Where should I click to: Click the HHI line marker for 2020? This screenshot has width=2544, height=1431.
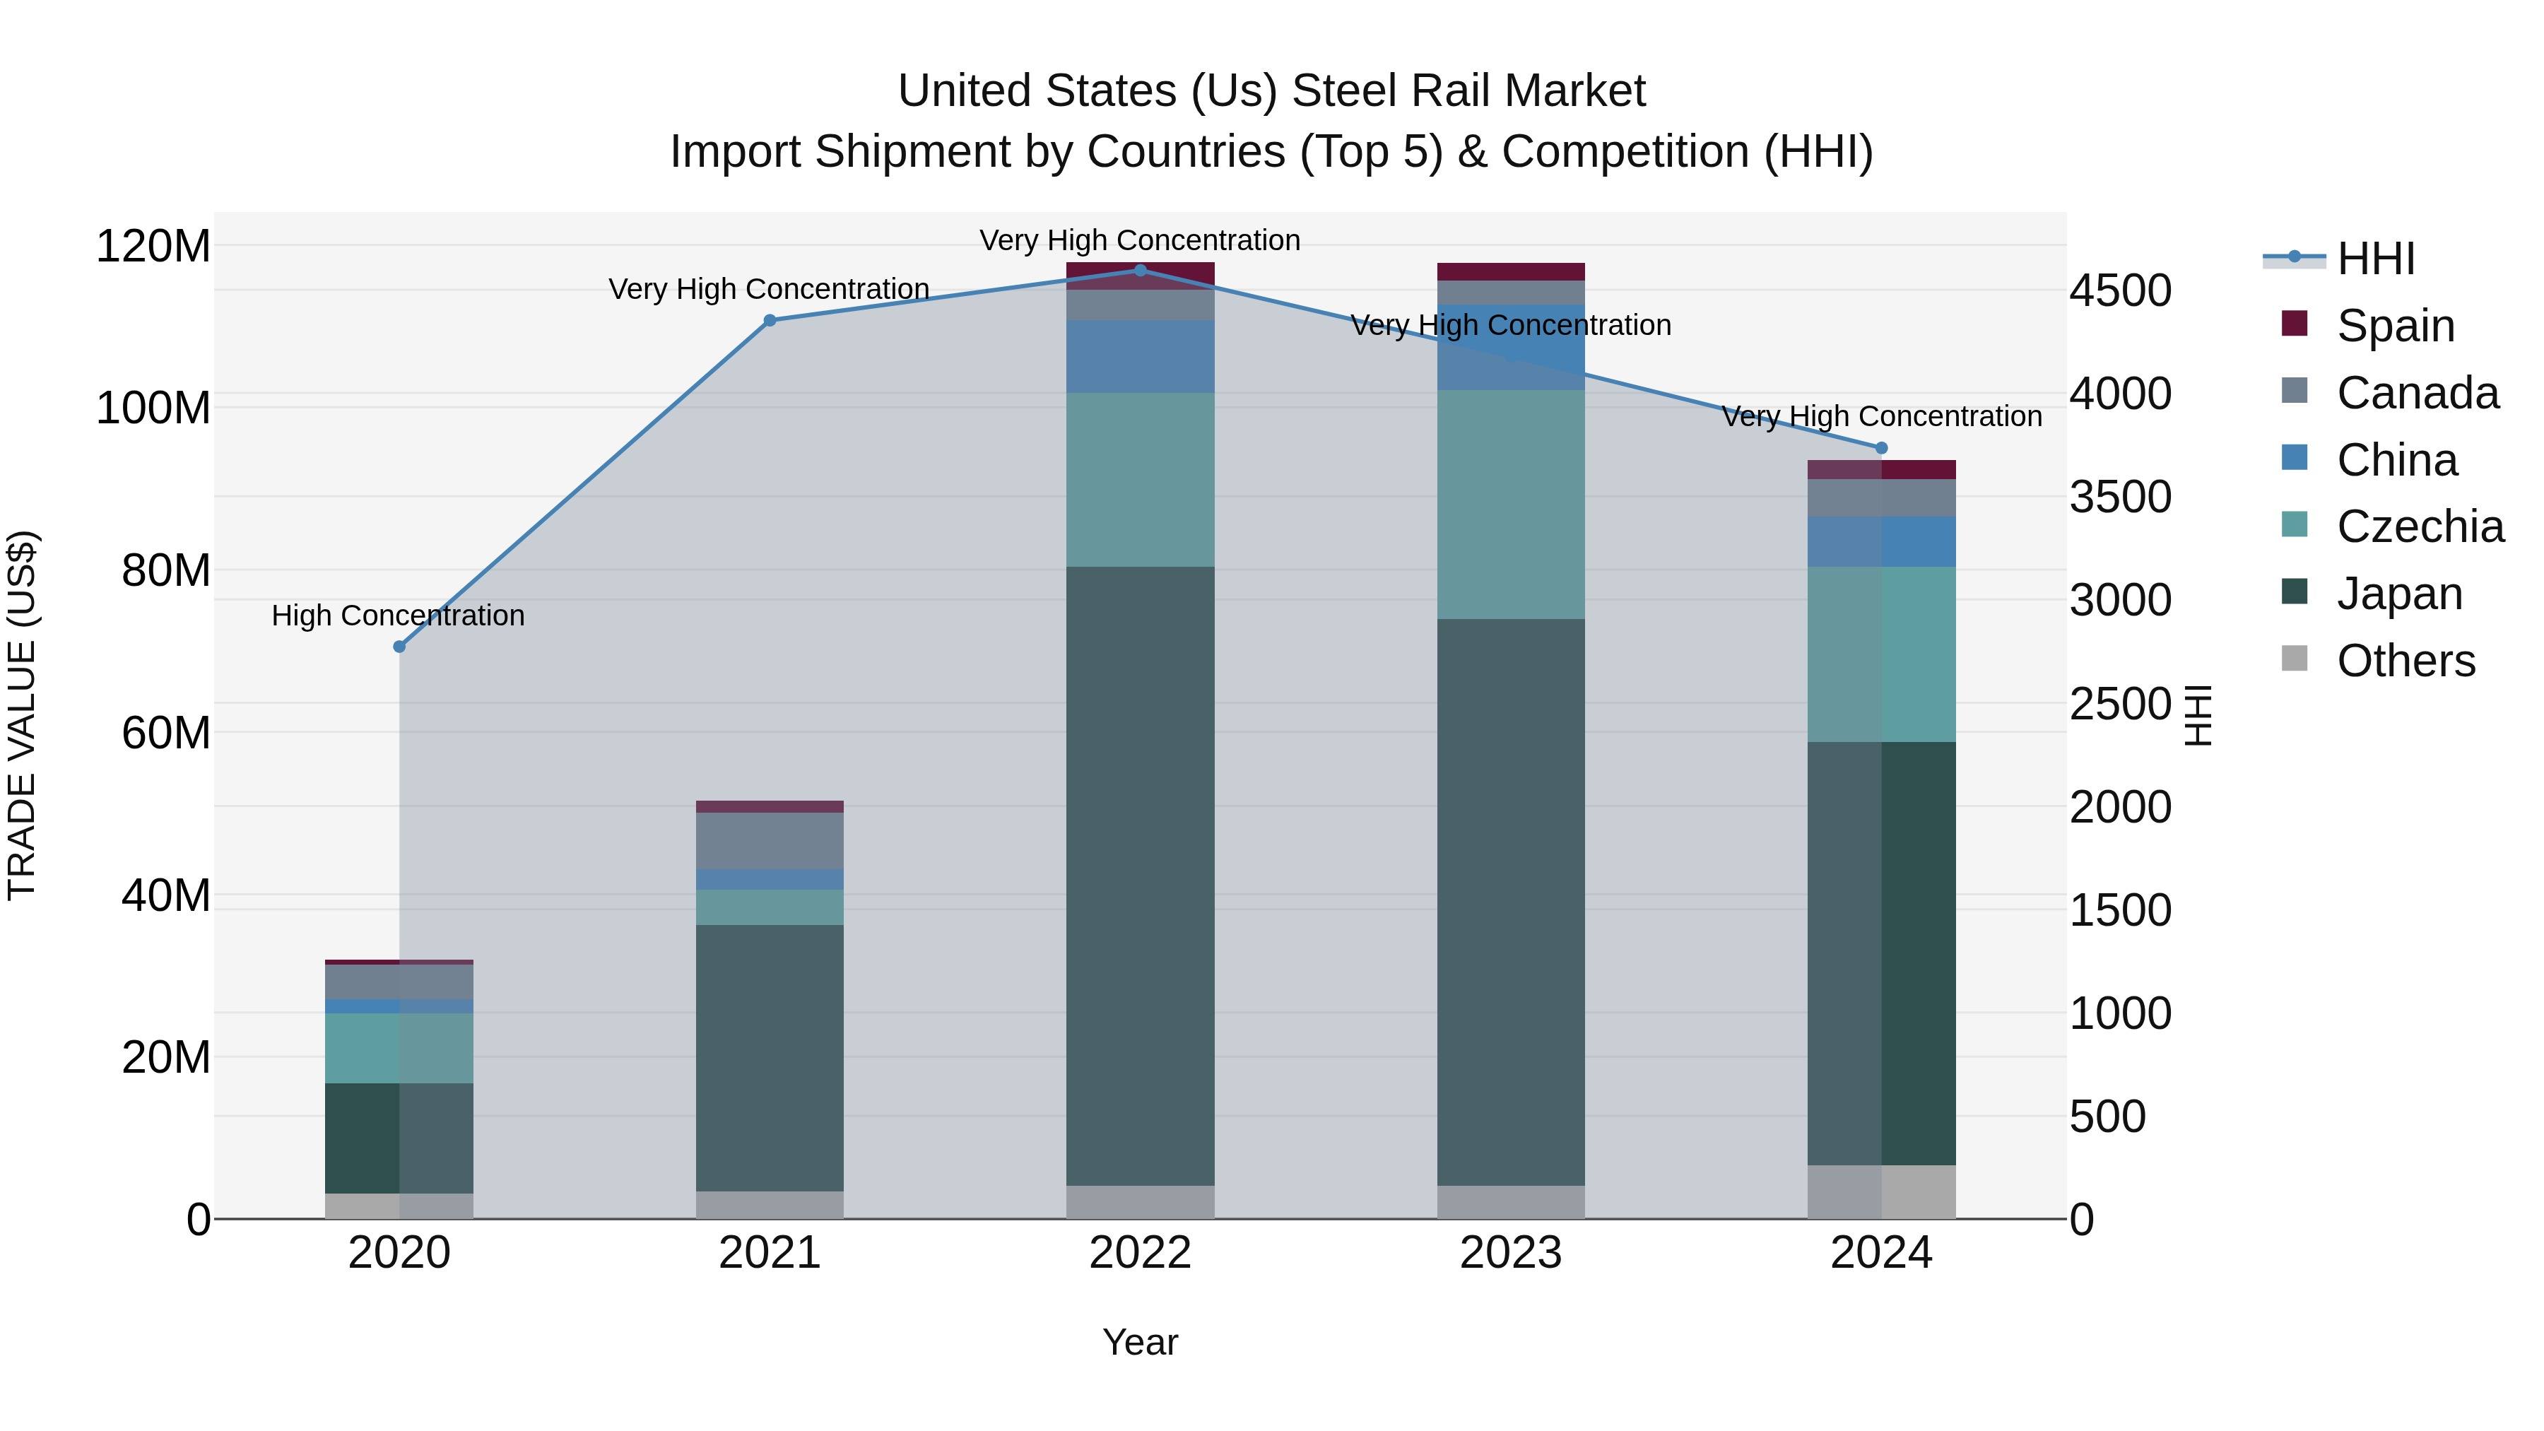[399, 647]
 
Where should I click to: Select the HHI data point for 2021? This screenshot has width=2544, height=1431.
[770, 320]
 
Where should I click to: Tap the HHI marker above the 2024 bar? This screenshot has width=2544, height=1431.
[1881, 448]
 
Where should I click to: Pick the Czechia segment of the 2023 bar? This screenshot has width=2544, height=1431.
[1511, 504]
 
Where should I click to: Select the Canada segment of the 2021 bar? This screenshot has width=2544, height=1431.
[770, 840]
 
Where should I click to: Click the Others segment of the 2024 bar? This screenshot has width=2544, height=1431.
[1881, 1192]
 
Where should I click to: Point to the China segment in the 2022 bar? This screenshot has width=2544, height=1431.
[1141, 357]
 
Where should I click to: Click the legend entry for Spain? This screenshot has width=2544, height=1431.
[2395, 326]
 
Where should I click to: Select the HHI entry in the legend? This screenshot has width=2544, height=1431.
[2375, 259]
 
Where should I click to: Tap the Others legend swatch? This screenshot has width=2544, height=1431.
[2294, 659]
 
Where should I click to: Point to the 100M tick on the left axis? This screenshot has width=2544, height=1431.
[153, 408]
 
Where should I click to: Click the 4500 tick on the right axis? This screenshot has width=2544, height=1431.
[2120, 290]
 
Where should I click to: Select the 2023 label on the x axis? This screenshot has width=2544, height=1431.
[1511, 1253]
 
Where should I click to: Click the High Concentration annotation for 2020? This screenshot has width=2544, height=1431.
[398, 616]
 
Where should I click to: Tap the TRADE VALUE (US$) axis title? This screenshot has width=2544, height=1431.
[22, 715]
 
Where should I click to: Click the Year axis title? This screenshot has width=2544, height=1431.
[1140, 1342]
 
